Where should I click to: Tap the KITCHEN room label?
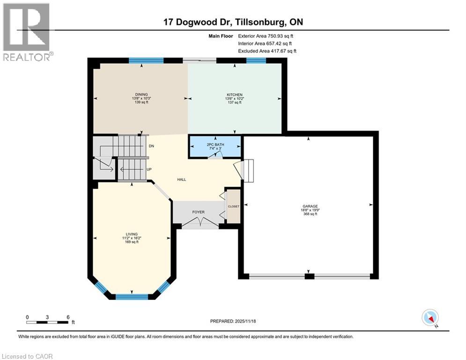(234, 95)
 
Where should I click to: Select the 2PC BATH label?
(215, 144)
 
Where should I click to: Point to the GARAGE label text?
(308, 206)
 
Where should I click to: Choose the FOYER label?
(199, 212)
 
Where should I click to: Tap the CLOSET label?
(233, 206)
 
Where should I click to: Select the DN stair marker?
(151, 146)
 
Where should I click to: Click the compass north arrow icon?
(429, 318)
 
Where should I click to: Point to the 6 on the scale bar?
(68, 317)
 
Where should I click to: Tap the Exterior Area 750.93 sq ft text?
(266, 36)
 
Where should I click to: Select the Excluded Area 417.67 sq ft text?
(267, 51)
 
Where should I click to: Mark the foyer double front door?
(200, 225)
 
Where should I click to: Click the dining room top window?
(146, 60)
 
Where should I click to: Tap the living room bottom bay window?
(132, 296)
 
